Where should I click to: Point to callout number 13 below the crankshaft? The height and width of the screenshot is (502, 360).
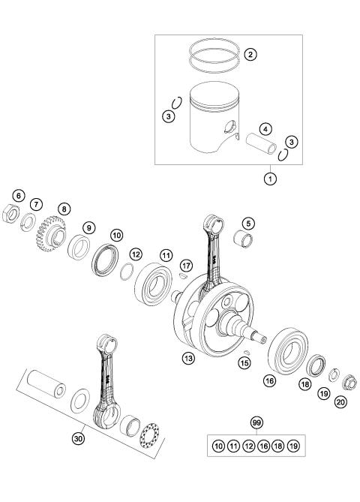[x=189, y=358]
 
